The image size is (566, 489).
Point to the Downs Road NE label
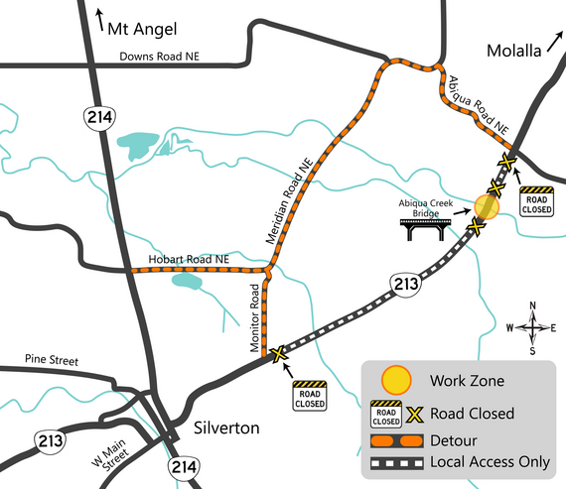coord(162,57)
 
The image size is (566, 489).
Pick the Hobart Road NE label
coord(189,259)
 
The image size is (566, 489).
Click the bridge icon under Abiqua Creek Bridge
coord(425,231)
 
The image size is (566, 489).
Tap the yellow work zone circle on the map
coord(486,207)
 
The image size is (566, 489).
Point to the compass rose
coord(533,327)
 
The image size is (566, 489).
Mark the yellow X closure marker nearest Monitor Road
coord(279,352)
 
